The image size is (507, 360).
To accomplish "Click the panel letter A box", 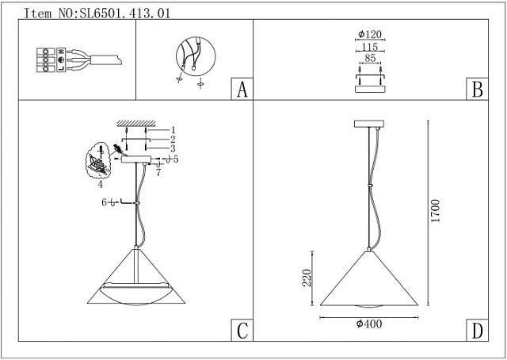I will click(x=242, y=90).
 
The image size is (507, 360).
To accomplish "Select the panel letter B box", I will click(x=477, y=90).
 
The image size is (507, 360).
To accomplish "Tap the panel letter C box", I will click(x=242, y=331).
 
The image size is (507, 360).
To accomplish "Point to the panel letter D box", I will click(x=477, y=331).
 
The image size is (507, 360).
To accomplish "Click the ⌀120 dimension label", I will click(x=370, y=35).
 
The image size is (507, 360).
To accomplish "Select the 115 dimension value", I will click(x=370, y=48).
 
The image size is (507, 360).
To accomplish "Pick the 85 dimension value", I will click(x=370, y=60).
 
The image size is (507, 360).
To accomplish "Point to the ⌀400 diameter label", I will click(x=370, y=324).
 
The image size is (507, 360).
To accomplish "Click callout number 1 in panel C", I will click(x=172, y=129).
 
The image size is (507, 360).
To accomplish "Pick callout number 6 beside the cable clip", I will click(x=104, y=203).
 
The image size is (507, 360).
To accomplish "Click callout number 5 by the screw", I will click(x=176, y=159).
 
